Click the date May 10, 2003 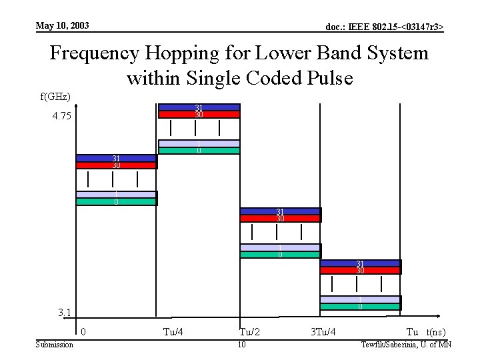pyautogui.click(x=62, y=26)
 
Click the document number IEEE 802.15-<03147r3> pyautogui.click(x=384, y=27)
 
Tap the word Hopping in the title pyautogui.click(x=198, y=53)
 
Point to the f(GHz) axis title pyautogui.click(x=55, y=97)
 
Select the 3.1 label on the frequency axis pyautogui.click(x=65, y=313)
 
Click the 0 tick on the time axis pyautogui.click(x=83, y=332)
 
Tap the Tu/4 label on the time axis pyautogui.click(x=174, y=332)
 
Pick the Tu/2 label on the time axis pyautogui.click(x=250, y=332)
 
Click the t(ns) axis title pyautogui.click(x=435, y=332)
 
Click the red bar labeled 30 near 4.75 pyautogui.click(x=199, y=115)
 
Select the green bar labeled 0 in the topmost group pyautogui.click(x=199, y=151)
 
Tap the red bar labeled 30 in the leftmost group pyautogui.click(x=116, y=165)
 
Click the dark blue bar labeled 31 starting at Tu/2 pyautogui.click(x=280, y=211)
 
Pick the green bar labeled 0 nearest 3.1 pyautogui.click(x=360, y=307)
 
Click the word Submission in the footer pyautogui.click(x=54, y=344)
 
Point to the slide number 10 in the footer pyautogui.click(x=242, y=344)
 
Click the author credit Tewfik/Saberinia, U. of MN pyautogui.click(x=405, y=344)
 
